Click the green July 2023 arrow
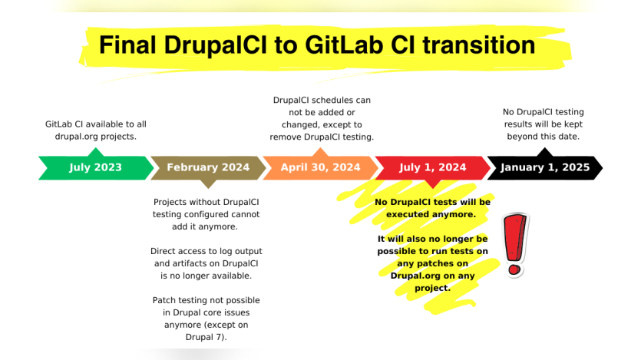pyautogui.click(x=96, y=167)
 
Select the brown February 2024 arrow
pyautogui.click(x=208, y=167)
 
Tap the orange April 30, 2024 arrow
pyautogui.click(x=321, y=167)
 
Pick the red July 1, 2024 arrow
pyautogui.click(x=432, y=167)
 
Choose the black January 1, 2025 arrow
pyautogui.click(x=545, y=167)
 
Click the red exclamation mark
pyautogui.click(x=515, y=245)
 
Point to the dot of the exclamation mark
pyautogui.click(x=514, y=269)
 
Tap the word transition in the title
pyautogui.click(x=479, y=45)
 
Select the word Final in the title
pyautogui.click(x=127, y=45)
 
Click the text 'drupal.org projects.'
pyautogui.click(x=96, y=137)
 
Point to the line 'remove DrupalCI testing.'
pyautogui.click(x=322, y=137)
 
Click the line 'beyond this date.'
pyautogui.click(x=544, y=137)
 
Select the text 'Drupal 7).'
pyautogui.click(x=206, y=337)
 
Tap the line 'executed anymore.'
pyautogui.click(x=431, y=214)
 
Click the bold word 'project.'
pyautogui.click(x=432, y=288)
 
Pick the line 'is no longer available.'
pyautogui.click(x=206, y=276)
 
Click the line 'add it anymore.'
pyautogui.click(x=205, y=226)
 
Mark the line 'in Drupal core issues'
pyautogui.click(x=206, y=312)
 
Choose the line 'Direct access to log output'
pyautogui.click(x=206, y=251)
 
